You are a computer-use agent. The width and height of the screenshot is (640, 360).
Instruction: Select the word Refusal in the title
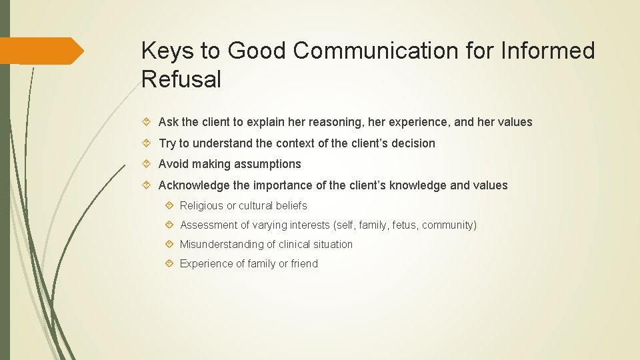click(x=181, y=79)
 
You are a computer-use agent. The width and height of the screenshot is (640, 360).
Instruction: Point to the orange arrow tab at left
click(x=41, y=51)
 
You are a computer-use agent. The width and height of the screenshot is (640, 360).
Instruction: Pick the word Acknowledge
click(x=193, y=185)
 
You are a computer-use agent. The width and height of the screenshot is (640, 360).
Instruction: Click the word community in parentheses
click(x=449, y=225)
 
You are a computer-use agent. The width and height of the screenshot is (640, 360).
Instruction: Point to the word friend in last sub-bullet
click(x=304, y=264)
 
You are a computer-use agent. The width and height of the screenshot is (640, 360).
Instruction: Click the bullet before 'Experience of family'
click(x=170, y=264)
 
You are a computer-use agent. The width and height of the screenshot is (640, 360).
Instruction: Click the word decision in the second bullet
click(x=413, y=143)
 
